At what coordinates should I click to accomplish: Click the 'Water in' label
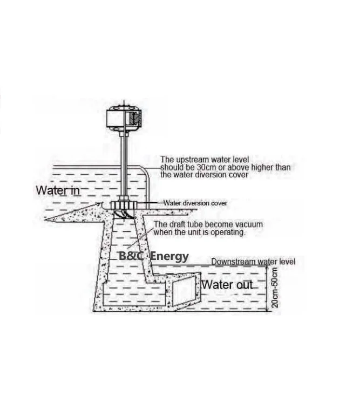coord(58,190)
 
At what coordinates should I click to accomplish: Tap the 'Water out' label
coord(227,284)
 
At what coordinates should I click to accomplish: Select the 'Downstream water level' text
coord(253,262)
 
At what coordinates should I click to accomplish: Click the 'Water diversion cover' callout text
coord(195,203)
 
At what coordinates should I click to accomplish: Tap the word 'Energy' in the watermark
coord(169,256)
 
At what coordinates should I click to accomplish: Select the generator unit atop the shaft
coord(124,118)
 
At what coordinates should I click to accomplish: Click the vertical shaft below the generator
coord(124,162)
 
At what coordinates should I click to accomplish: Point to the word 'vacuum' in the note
coord(248,224)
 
